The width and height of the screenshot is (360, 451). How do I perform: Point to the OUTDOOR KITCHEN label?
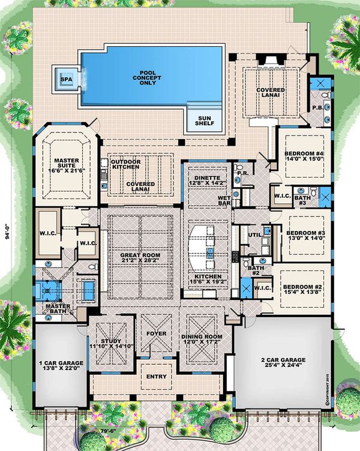pyautogui.click(x=124, y=166)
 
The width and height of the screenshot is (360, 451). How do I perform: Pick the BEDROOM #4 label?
pyautogui.click(x=305, y=154)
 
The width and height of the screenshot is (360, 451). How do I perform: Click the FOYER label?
pyautogui.click(x=156, y=333)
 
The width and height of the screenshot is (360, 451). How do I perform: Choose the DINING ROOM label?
pyautogui.click(x=201, y=337)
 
